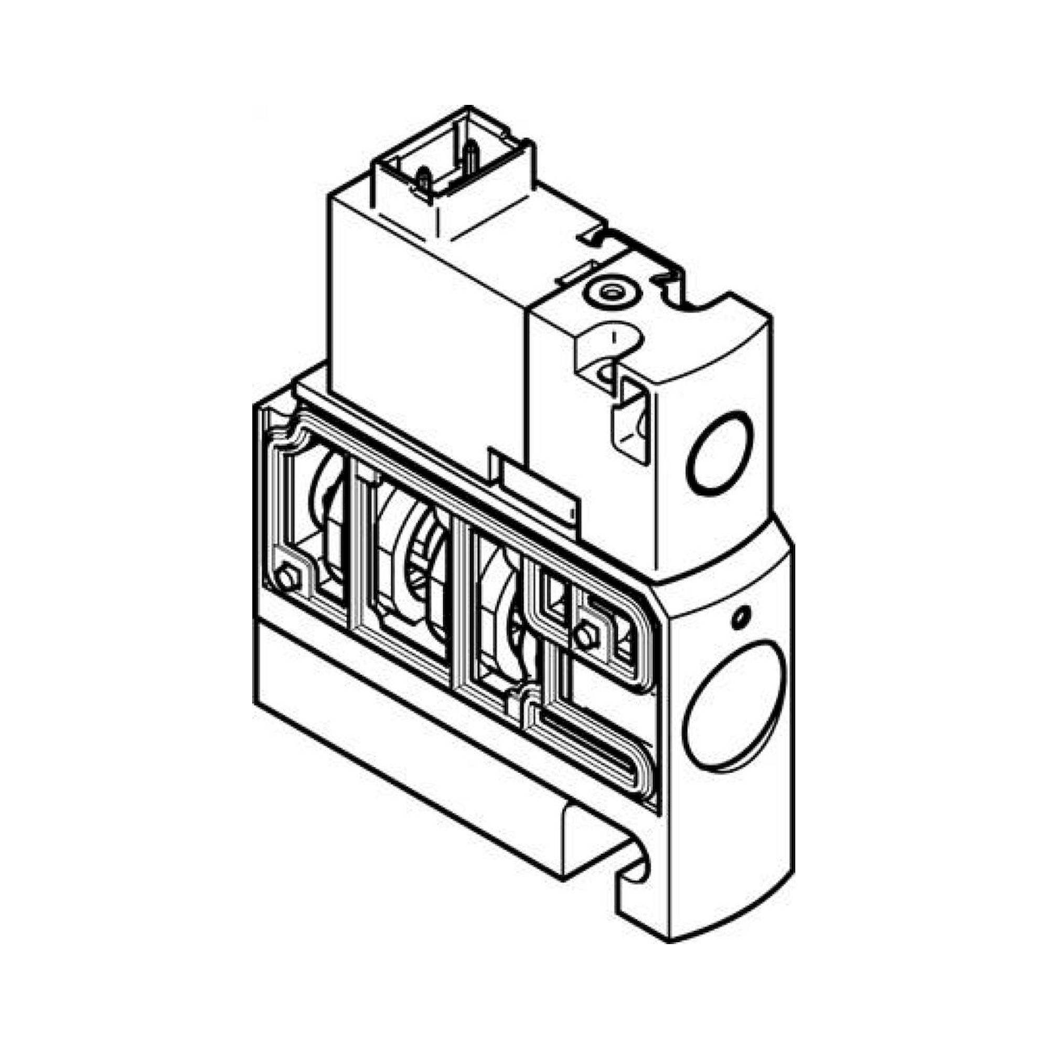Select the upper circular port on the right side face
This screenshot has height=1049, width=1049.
[x=721, y=452]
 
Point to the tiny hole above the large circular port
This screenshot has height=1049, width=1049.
[x=740, y=616]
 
